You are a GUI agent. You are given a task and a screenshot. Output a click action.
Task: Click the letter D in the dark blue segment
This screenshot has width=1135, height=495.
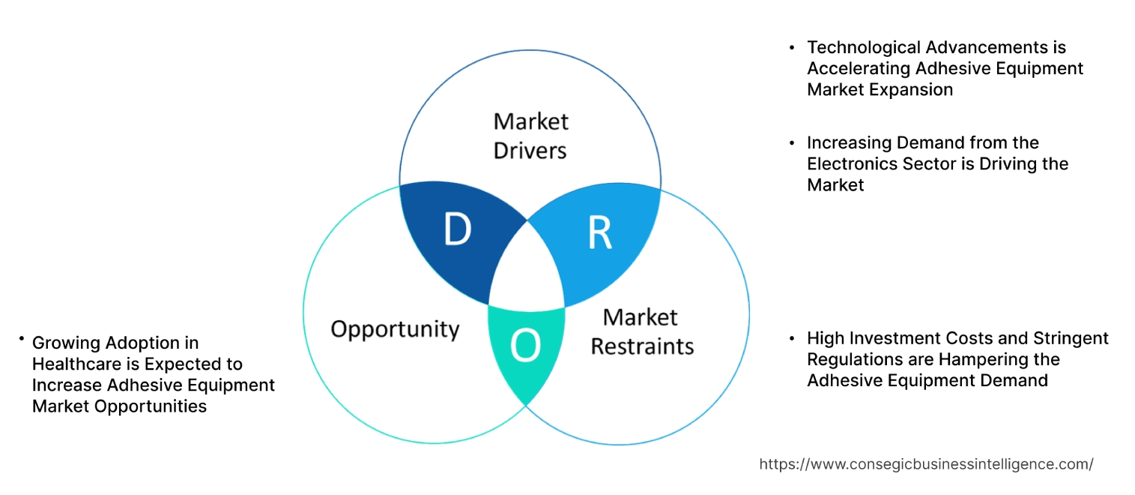[x=457, y=230]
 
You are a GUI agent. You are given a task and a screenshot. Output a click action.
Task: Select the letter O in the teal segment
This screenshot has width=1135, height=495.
[x=524, y=346]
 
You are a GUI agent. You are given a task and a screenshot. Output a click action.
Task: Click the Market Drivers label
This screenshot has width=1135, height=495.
[x=530, y=136]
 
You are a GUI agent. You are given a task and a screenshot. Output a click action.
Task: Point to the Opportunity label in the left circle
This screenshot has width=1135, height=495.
[x=395, y=329]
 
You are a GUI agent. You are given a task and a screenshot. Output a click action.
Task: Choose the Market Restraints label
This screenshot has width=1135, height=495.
[x=641, y=331]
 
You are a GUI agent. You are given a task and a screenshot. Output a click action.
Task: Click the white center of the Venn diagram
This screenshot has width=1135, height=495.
[x=527, y=270]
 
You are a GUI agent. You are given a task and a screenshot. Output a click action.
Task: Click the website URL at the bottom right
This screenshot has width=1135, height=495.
[x=926, y=464]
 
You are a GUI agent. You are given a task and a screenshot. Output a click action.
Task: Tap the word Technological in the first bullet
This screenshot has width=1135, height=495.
[x=863, y=47]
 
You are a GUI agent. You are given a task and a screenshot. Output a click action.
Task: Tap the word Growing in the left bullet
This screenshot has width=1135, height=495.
[x=65, y=343]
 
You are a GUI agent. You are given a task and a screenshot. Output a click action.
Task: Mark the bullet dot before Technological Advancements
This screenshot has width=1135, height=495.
[x=792, y=47]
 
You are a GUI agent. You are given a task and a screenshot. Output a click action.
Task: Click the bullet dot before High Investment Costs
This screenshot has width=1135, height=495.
[x=792, y=338]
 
